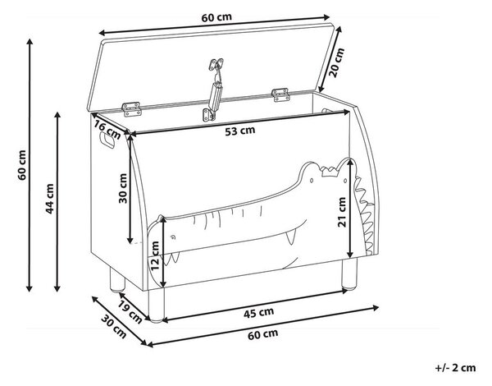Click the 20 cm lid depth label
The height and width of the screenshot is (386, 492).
point(337,62)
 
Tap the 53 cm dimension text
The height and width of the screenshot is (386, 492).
point(240,131)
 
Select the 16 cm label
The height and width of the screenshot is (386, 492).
point(107,130)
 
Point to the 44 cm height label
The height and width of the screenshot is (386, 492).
point(49,199)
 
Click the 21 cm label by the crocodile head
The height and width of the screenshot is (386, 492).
point(342,212)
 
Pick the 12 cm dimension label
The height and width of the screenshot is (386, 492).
point(155,255)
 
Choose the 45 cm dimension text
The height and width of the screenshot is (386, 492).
point(258,313)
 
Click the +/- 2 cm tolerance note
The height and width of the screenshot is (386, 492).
point(455,368)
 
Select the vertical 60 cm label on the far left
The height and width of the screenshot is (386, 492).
point(22,165)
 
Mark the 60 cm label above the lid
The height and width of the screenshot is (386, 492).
point(216,17)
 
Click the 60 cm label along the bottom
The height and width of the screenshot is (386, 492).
point(263,334)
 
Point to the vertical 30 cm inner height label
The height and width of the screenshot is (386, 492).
point(123,188)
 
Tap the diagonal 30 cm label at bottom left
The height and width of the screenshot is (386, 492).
point(114,326)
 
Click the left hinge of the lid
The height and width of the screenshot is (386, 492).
point(131,109)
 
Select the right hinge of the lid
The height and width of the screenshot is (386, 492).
point(280,94)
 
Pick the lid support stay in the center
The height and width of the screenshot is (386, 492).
point(214,90)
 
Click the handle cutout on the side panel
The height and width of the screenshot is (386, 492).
point(107,140)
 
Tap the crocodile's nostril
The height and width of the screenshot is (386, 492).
point(172,237)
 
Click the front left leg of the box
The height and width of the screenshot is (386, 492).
point(157,304)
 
